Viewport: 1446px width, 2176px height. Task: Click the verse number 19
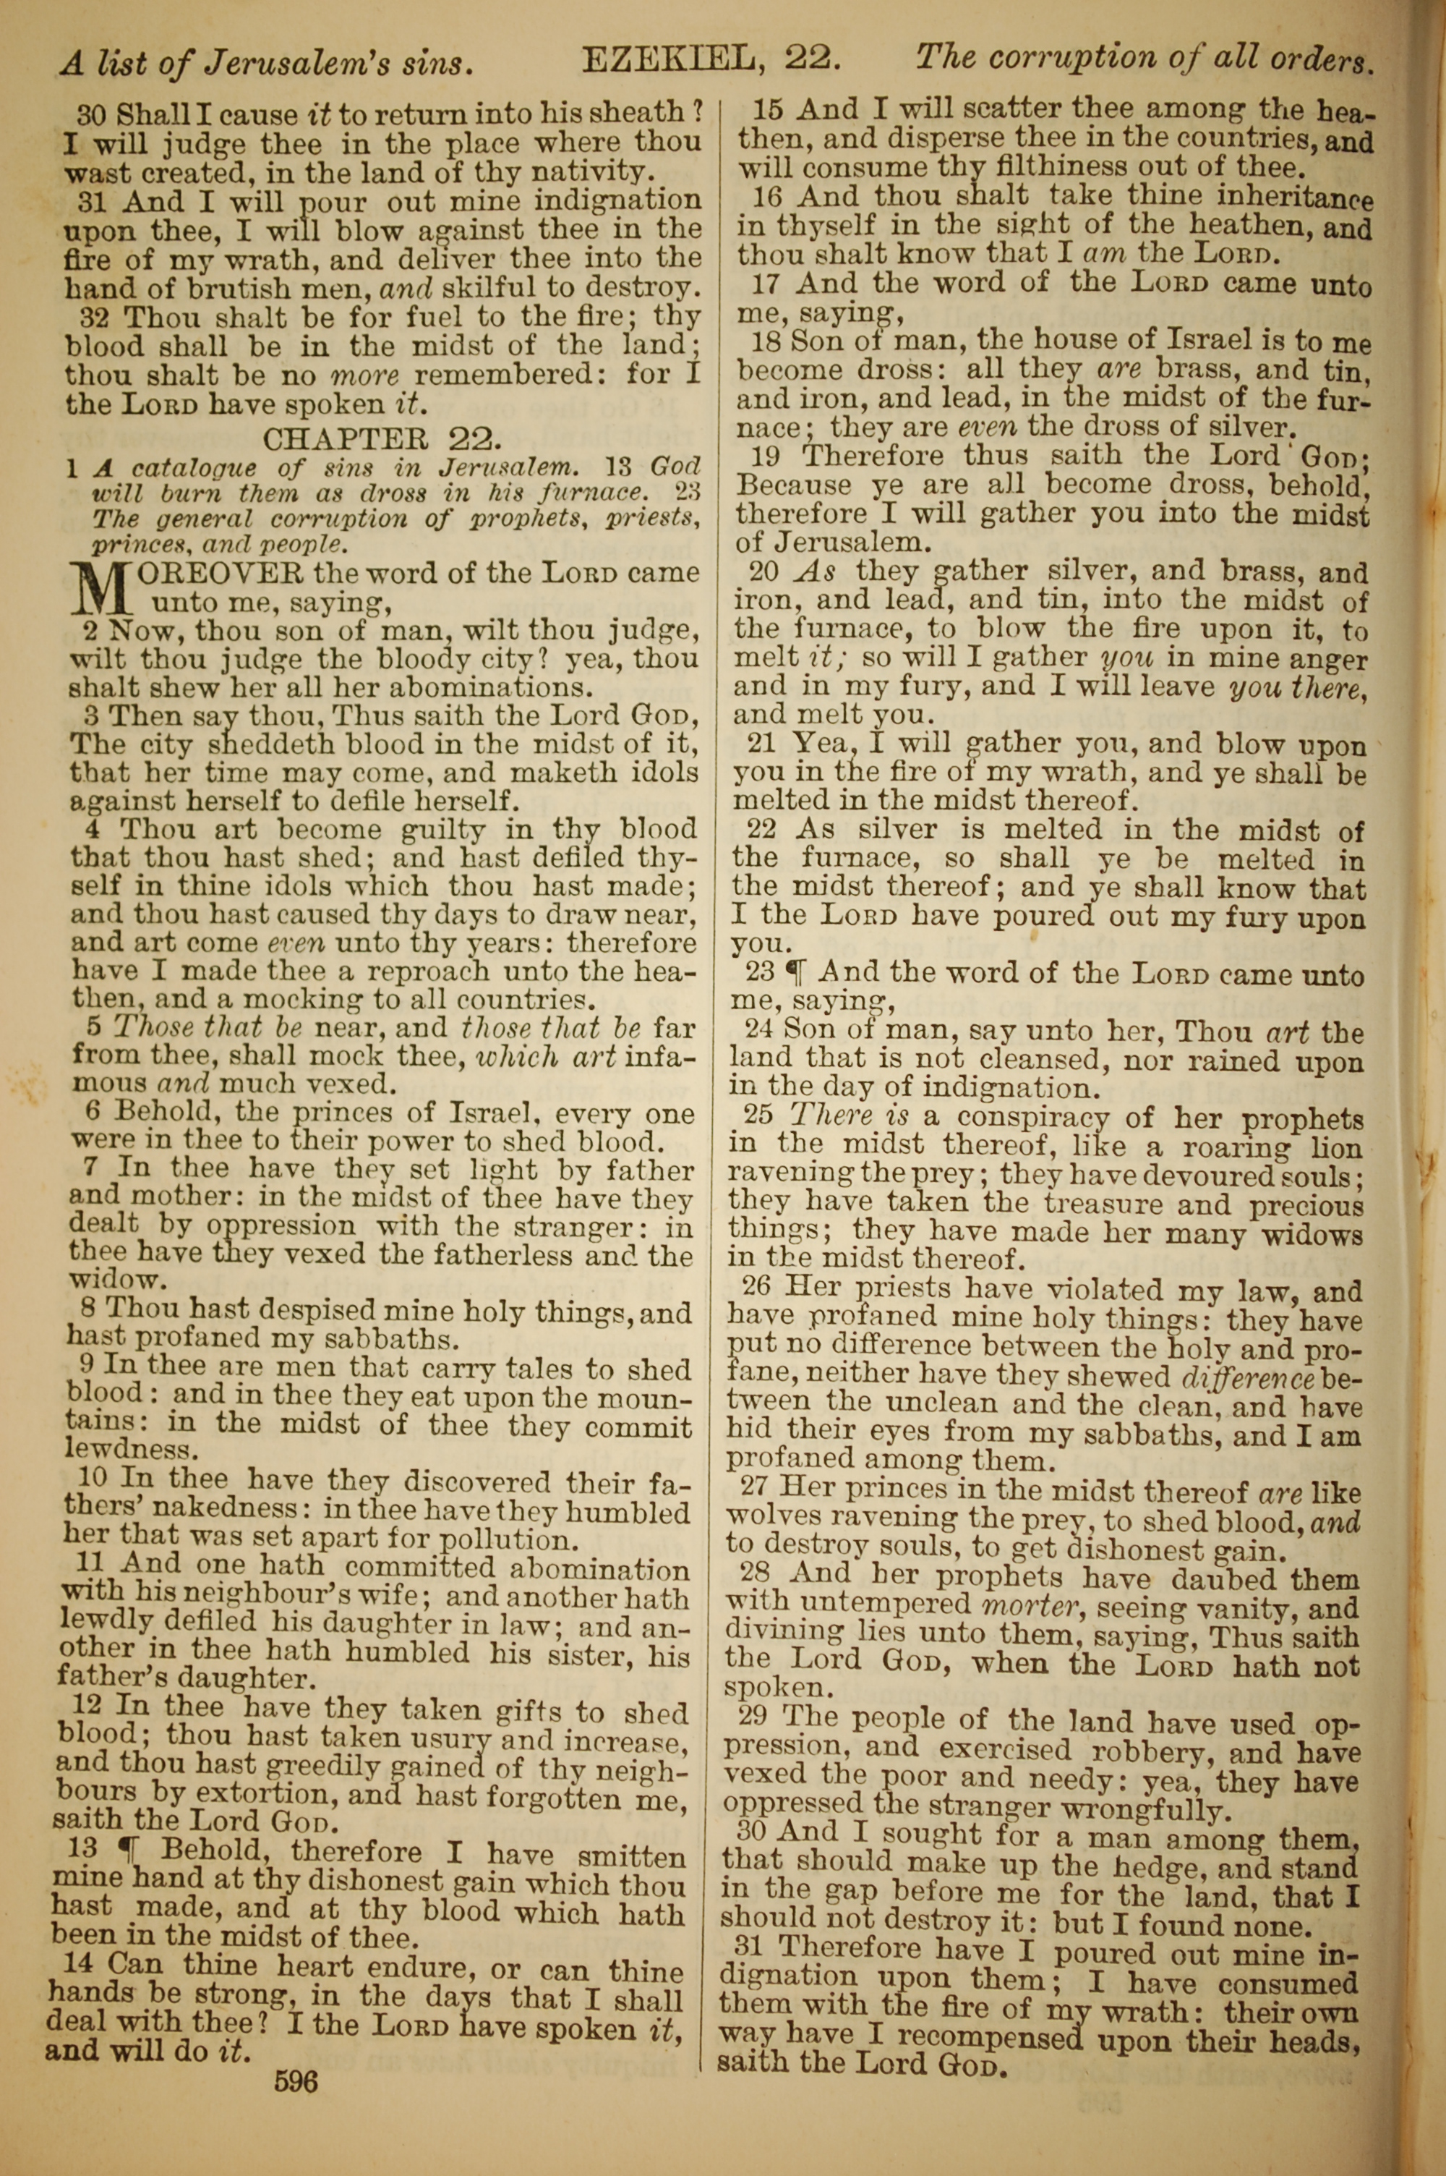768,456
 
